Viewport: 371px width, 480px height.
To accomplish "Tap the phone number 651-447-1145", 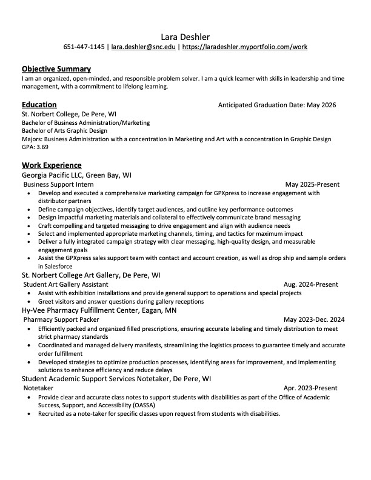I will pos(84,47).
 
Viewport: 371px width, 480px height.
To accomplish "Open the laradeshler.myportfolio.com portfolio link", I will pos(245,47).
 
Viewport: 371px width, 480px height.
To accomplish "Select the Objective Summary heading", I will pos(56,69).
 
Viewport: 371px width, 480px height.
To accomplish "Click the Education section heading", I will pos(39,104).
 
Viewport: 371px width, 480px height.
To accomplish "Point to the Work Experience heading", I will pos(51,165).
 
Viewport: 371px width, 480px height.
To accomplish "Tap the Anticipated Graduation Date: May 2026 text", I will pos(276,105).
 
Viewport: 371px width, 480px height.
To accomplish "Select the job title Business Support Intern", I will pos(58,184).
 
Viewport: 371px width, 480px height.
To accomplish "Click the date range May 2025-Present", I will pos(312,184).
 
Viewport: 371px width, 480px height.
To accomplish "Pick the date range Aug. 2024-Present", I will pos(311,284).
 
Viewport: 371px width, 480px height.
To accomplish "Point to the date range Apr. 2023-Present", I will pos(310,388).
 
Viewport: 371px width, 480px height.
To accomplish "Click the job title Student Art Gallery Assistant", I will pos(65,284).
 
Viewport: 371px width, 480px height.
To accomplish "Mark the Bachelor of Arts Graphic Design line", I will pos(64,130).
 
